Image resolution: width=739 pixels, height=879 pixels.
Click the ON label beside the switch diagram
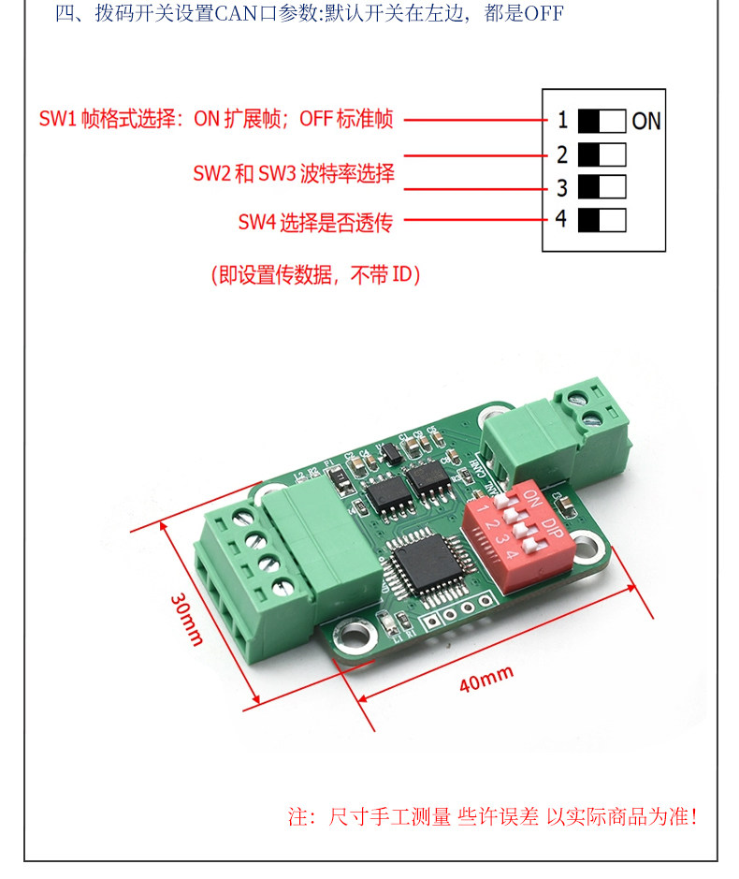tap(646, 121)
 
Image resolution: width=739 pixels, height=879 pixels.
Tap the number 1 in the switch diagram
tap(562, 121)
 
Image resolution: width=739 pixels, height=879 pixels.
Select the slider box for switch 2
tap(601, 154)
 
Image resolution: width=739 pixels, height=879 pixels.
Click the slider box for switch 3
tap(601, 187)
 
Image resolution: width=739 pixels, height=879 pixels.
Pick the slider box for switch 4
tap(601, 220)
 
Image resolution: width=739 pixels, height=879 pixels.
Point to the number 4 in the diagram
tap(561, 220)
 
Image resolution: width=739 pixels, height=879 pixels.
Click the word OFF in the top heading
tap(543, 15)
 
